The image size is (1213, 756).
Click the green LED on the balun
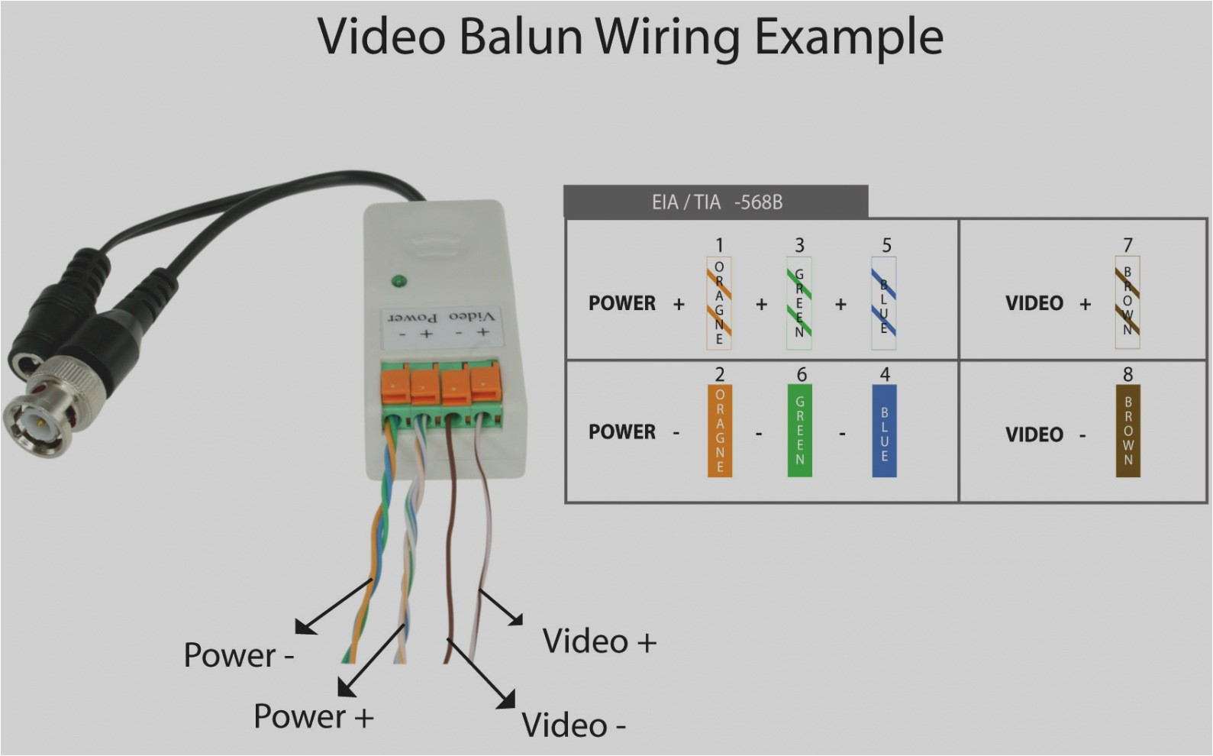coord(398,282)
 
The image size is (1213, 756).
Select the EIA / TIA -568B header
coord(715,202)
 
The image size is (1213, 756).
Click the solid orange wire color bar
coord(719,431)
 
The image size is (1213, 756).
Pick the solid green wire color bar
coord(799,431)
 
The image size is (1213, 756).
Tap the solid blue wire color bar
coord(884,431)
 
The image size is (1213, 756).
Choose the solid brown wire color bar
coord(1128,431)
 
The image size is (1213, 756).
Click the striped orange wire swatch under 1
coord(719,303)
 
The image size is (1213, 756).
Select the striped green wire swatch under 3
coord(799,303)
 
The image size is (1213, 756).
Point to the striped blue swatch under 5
coord(884,303)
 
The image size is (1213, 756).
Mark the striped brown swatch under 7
coord(1128,303)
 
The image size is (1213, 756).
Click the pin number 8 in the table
coord(1128,374)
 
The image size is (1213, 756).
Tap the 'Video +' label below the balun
coord(599,641)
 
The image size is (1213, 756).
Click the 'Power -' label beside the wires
coord(238,655)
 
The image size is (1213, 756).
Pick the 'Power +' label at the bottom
coord(313,717)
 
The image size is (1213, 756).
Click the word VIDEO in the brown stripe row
coord(1034,303)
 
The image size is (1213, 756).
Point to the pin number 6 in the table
coord(802,374)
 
